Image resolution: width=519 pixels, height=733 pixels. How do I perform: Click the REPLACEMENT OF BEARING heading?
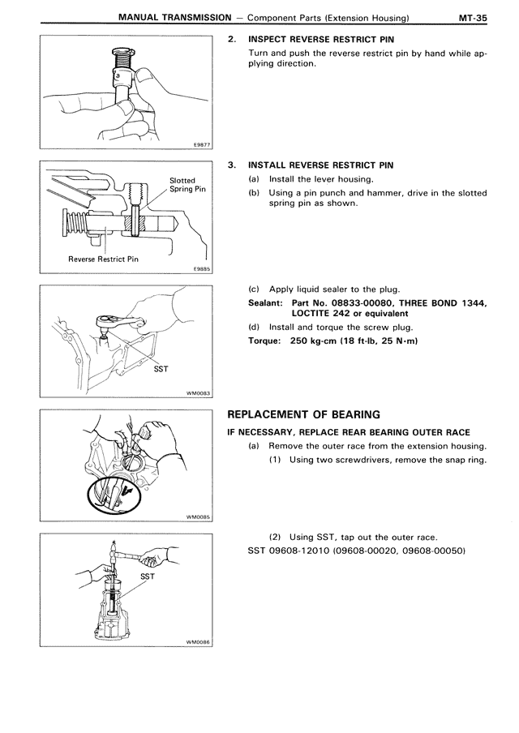click(x=303, y=414)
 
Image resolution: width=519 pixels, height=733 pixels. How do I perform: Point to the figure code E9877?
click(x=202, y=145)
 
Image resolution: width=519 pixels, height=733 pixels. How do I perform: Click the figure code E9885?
click(x=202, y=272)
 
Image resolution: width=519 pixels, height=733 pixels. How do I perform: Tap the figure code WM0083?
click(x=199, y=395)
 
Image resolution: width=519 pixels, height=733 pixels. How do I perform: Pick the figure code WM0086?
click(x=199, y=641)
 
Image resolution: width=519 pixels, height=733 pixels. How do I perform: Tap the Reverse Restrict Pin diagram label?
click(x=104, y=259)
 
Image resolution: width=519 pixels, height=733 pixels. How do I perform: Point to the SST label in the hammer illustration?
click(x=148, y=577)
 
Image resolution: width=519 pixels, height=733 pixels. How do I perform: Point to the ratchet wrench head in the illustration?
click(x=105, y=322)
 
